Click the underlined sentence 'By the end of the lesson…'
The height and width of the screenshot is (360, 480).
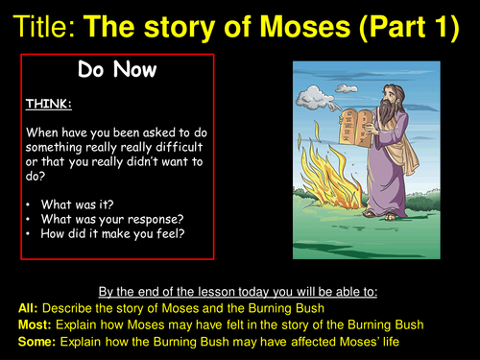click(240, 291)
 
